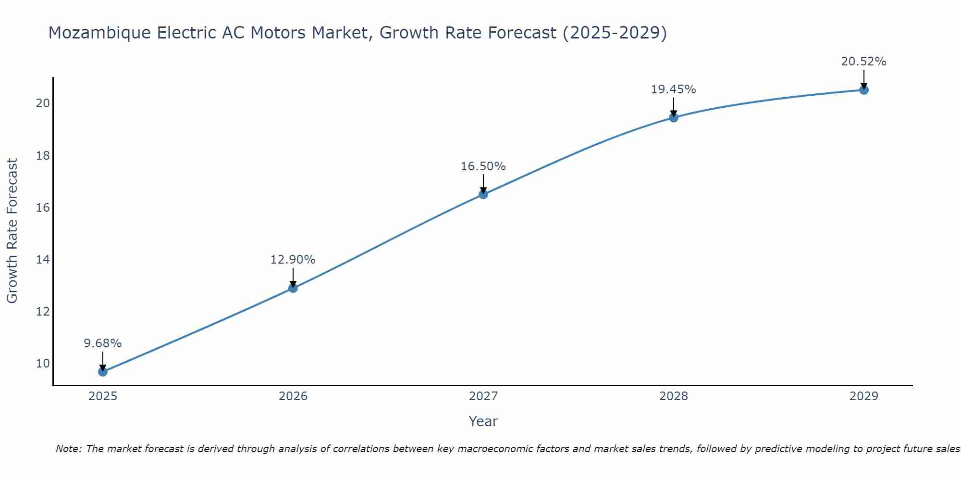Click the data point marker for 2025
pos(103,372)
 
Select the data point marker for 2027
pos(483,194)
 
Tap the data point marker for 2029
pos(863,90)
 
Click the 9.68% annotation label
pos(103,343)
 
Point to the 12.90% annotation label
pos(293,260)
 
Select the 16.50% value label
pos(483,166)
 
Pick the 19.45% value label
pos(673,89)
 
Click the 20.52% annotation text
pos(863,62)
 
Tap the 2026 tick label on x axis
pos(293,396)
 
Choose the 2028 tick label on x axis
pos(674,396)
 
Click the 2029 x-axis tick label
pos(863,396)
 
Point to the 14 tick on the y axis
pos(43,260)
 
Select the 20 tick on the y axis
pos(43,103)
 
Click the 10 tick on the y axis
pos(43,364)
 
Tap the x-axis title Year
pos(483,421)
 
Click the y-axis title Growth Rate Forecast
pos(12,231)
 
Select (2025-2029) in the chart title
pos(615,33)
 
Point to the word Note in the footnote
pos(69,449)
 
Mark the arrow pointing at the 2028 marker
pos(674,107)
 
